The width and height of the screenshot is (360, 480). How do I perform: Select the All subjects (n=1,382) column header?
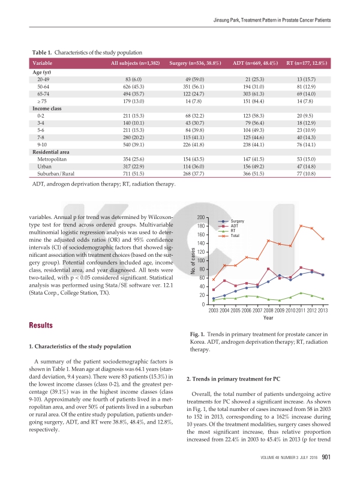[135, 63]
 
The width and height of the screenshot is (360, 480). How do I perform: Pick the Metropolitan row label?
[55, 157]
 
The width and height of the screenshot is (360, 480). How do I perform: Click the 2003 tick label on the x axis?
[214, 310]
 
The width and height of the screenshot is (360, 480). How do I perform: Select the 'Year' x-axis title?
[268, 319]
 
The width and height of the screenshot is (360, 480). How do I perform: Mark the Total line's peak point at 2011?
[301, 226]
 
